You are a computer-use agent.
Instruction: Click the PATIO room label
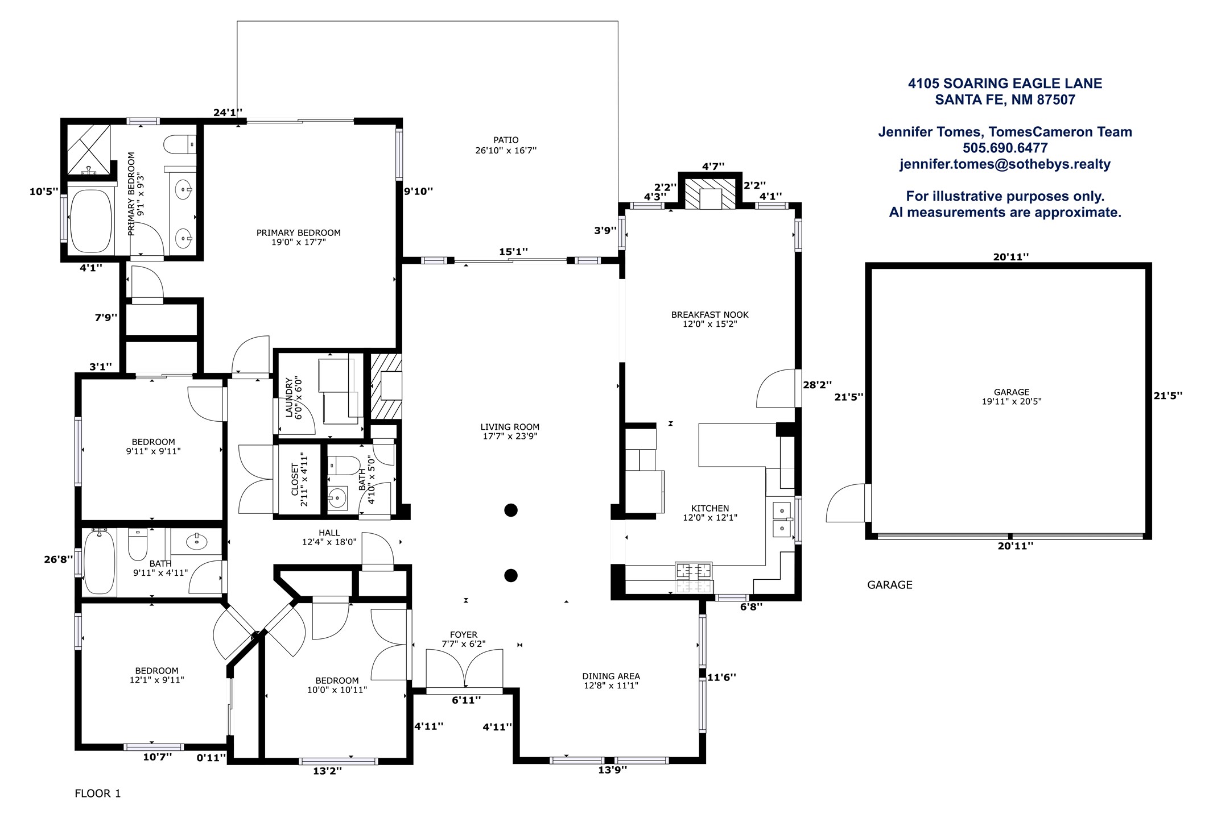[506, 140]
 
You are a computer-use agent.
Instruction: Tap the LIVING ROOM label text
[510, 427]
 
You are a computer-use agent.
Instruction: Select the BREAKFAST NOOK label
[710, 314]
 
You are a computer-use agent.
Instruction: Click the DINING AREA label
[611, 676]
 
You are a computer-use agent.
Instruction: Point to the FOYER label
[464, 634]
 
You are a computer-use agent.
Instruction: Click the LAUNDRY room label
[288, 397]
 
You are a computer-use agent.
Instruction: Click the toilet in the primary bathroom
[180, 144]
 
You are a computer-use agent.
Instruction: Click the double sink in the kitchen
[783, 519]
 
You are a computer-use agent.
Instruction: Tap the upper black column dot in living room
[511, 510]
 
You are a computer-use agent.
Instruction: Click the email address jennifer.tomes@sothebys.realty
[1005, 164]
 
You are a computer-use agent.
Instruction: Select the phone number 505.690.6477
[1005, 148]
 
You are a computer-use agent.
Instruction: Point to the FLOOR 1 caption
[98, 793]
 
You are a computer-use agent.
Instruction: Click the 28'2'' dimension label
[817, 385]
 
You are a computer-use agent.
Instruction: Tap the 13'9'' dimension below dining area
[612, 770]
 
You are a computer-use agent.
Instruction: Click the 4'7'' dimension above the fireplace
[713, 166]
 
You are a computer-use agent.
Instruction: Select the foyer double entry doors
[464, 668]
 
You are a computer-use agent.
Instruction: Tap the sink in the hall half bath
[337, 499]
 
